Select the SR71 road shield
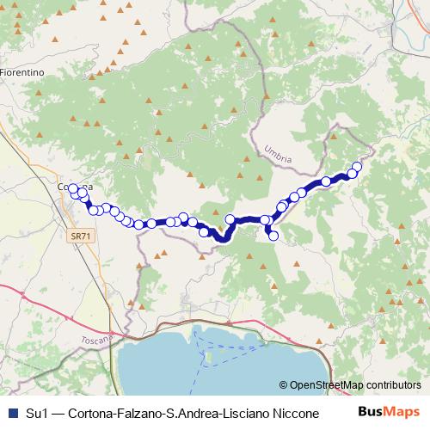(79, 234)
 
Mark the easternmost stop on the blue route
(357, 166)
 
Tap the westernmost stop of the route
(73, 187)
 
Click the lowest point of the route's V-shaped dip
(222, 240)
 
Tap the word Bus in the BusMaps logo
(368, 411)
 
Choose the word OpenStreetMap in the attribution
(324, 384)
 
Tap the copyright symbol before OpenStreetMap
(284, 384)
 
